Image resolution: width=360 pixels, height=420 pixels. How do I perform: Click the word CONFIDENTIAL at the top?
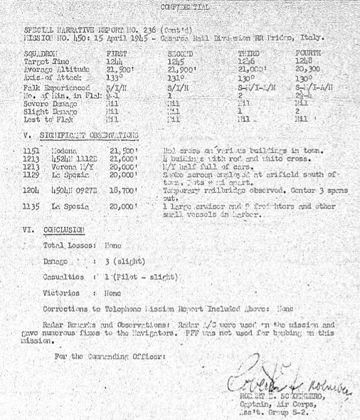186,6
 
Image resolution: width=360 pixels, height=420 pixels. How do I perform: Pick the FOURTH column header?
307,53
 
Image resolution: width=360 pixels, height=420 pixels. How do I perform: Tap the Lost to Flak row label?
44,120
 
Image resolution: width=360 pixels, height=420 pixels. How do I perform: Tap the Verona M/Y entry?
73,166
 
